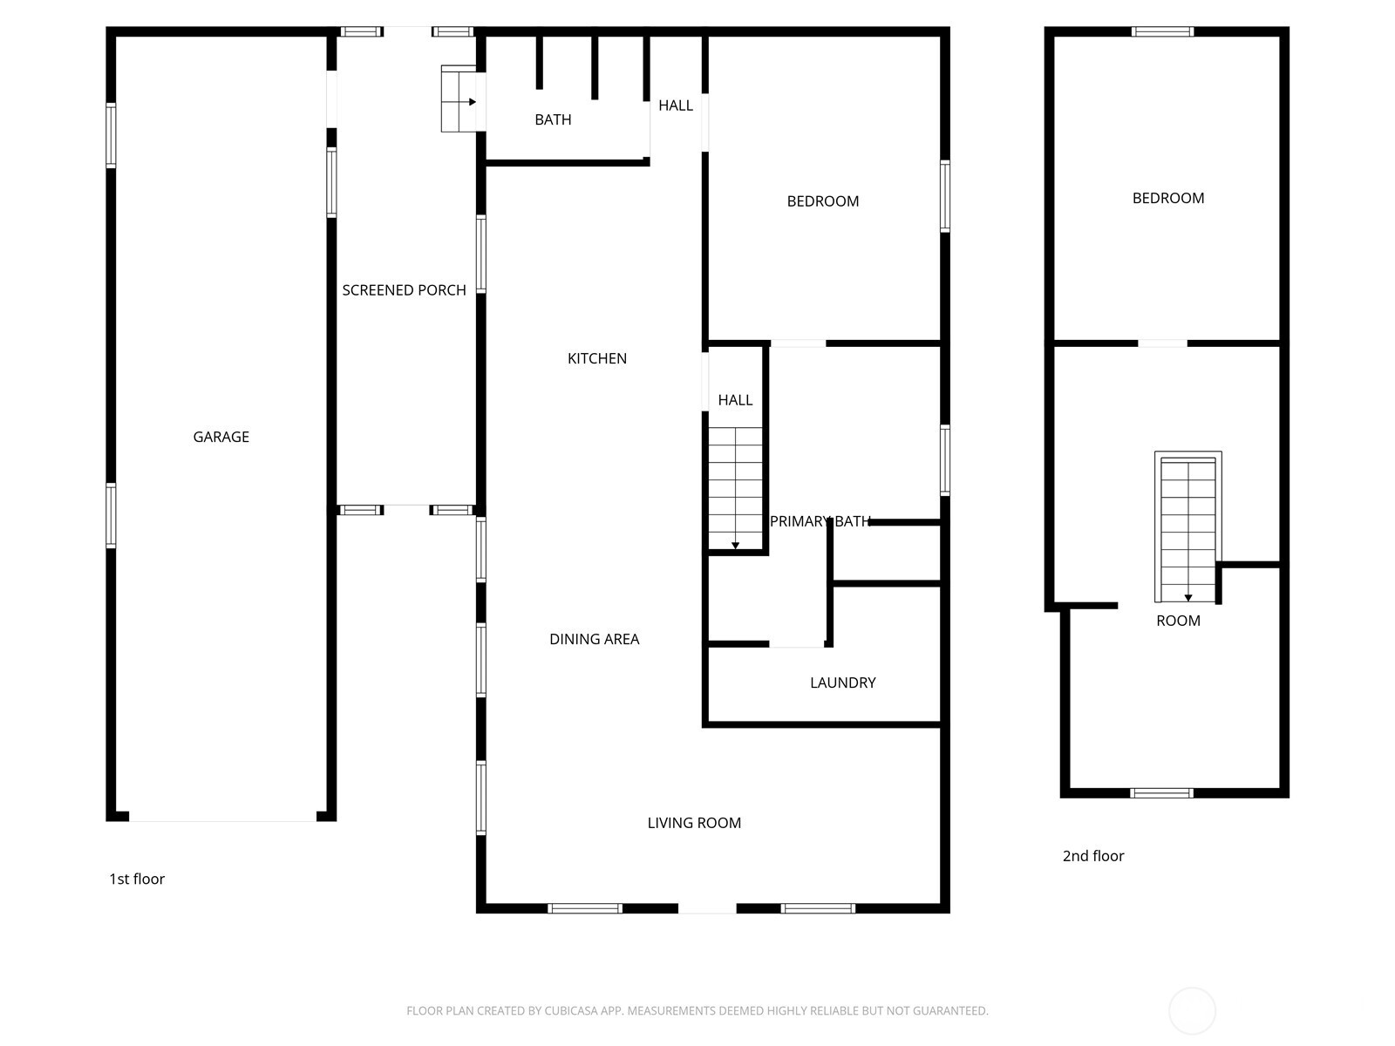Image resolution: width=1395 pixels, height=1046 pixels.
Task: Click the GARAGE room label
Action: tap(221, 437)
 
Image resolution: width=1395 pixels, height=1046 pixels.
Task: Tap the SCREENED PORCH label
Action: tap(404, 290)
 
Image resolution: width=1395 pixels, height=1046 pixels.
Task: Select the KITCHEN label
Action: tap(596, 358)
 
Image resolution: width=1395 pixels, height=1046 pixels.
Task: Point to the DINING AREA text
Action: tap(594, 639)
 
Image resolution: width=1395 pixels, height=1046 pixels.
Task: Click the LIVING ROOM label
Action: tap(694, 823)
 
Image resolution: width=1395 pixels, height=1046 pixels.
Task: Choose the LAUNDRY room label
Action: tap(842, 683)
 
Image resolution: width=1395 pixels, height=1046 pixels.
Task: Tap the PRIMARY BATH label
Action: tap(820, 521)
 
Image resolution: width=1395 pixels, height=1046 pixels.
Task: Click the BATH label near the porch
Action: tap(553, 119)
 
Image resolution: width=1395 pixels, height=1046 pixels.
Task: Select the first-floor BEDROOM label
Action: tap(822, 201)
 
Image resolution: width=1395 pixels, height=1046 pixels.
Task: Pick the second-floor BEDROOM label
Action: tap(1167, 198)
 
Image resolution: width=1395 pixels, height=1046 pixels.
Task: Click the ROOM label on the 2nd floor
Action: tap(1178, 621)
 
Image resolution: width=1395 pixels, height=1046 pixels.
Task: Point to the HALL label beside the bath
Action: tap(675, 105)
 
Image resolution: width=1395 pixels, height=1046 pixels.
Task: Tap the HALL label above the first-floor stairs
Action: tap(735, 400)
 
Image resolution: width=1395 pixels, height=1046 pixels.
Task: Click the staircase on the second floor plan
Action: tap(1187, 527)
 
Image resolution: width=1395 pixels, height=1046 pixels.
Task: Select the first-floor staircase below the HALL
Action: tap(736, 488)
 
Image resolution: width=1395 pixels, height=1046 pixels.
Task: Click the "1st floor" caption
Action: tap(137, 879)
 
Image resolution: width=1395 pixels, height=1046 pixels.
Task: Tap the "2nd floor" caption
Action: tap(1092, 856)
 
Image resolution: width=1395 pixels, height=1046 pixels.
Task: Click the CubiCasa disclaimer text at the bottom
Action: tap(697, 1011)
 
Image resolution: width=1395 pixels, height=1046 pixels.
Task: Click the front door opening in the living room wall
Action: tap(707, 908)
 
